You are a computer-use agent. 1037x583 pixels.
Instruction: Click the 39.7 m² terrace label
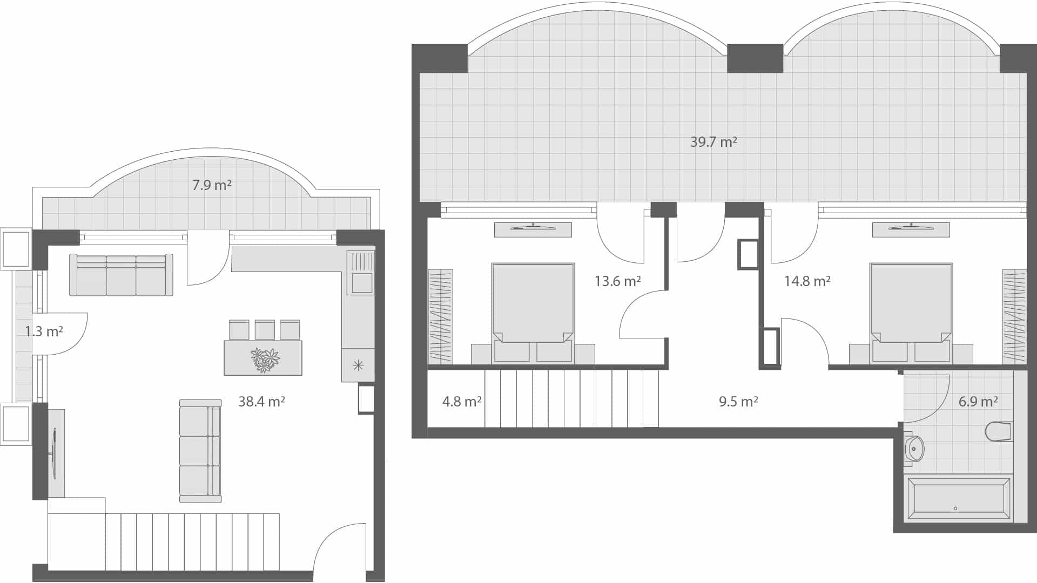tap(713, 142)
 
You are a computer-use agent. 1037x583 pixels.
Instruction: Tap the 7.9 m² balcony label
tap(212, 186)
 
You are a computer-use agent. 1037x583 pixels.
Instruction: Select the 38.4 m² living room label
tap(261, 402)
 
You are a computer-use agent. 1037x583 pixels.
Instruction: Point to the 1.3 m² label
tap(44, 331)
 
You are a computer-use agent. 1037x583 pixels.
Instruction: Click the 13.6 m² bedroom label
tap(617, 281)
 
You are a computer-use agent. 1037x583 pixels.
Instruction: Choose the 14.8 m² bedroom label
tap(807, 281)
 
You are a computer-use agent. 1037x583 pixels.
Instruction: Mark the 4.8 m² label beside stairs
tap(462, 402)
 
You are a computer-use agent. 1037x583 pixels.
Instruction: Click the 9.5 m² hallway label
tap(738, 402)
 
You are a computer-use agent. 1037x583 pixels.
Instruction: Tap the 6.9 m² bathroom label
tap(978, 402)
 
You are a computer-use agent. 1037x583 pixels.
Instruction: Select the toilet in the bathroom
tap(999, 432)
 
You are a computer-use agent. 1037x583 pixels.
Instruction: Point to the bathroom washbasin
tap(914, 448)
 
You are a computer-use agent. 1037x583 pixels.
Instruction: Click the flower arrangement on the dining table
tap(265, 360)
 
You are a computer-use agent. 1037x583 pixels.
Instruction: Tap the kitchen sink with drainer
tap(360, 273)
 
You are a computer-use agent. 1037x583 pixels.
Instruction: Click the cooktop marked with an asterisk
tap(358, 365)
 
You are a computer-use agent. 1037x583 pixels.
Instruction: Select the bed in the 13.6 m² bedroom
tap(533, 305)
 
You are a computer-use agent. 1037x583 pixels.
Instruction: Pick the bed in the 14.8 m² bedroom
tap(911, 305)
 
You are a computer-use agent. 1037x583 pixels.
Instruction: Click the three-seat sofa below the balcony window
tap(121, 275)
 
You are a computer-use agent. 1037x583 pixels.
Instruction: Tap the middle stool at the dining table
tap(265, 330)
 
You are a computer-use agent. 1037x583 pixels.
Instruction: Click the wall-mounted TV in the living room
tap(55, 452)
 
